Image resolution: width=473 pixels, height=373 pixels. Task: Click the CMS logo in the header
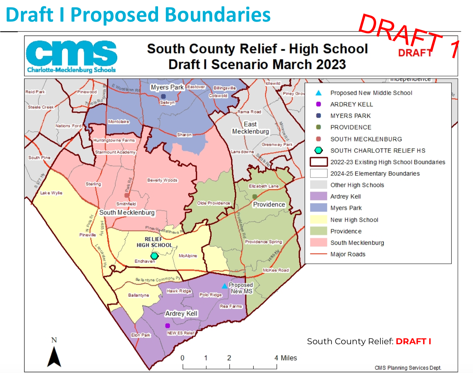click(x=71, y=56)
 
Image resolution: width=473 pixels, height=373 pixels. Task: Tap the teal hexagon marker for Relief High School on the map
click(x=154, y=256)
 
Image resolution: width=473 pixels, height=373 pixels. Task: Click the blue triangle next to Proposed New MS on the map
click(x=224, y=286)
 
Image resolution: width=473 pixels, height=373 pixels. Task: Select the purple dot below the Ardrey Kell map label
click(x=167, y=326)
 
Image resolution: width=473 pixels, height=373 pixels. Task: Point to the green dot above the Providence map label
click(x=255, y=196)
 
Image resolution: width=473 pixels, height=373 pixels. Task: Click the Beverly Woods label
click(x=162, y=180)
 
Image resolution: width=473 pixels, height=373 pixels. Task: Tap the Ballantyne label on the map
click(x=139, y=295)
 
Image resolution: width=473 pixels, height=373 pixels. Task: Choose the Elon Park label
click(x=141, y=335)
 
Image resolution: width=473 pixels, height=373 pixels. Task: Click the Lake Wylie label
click(x=51, y=193)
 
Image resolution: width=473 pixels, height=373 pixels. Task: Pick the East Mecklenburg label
click(x=250, y=128)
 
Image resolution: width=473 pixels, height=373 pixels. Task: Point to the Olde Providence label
click(x=214, y=203)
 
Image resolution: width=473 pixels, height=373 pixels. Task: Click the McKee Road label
click(x=276, y=270)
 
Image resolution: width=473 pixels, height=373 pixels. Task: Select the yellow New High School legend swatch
click(x=319, y=220)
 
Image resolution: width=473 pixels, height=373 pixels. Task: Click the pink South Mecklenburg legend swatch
click(x=319, y=243)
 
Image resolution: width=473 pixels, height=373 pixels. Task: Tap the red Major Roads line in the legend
click(x=319, y=254)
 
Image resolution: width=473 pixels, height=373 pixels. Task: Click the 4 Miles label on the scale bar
click(x=285, y=358)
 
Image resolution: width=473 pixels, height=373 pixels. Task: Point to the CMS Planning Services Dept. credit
click(x=408, y=368)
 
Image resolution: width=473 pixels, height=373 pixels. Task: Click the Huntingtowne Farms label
click(x=114, y=140)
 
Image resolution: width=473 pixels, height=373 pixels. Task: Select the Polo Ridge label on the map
click(x=210, y=295)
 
